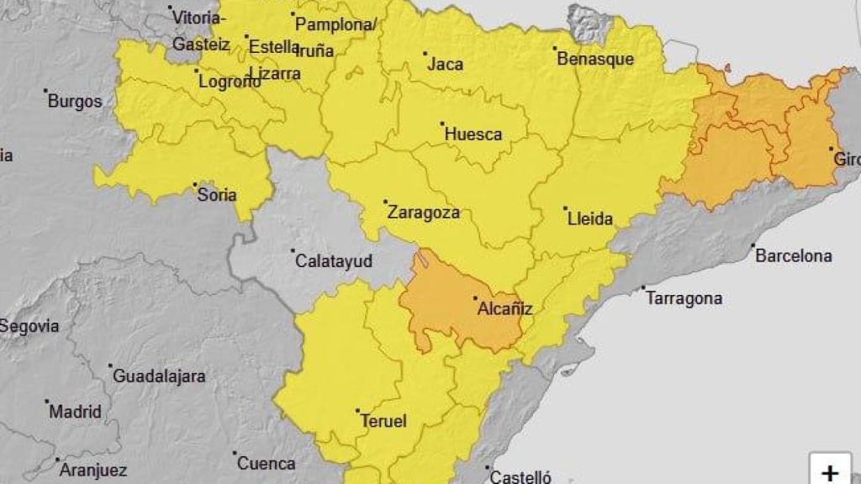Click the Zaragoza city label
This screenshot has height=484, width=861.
(424, 213)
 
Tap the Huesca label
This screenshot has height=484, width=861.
(473, 134)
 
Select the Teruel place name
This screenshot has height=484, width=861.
(383, 421)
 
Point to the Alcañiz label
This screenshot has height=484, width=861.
(505, 308)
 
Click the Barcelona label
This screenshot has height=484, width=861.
(794, 256)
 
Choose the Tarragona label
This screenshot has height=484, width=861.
(684, 298)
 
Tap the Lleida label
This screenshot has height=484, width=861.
(591, 219)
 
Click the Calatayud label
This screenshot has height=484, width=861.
(334, 261)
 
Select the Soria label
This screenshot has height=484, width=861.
(217, 195)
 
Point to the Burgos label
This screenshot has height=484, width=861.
(75, 102)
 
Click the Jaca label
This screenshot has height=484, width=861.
(446, 64)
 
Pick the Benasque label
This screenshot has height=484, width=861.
(595, 60)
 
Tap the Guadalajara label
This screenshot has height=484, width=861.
(159, 376)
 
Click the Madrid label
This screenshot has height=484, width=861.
(75, 412)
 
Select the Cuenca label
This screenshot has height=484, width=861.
(267, 463)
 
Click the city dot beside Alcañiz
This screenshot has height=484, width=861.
(475, 297)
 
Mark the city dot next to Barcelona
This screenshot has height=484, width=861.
(753, 246)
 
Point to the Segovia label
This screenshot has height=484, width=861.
(30, 326)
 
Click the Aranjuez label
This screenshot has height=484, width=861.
(92, 471)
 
